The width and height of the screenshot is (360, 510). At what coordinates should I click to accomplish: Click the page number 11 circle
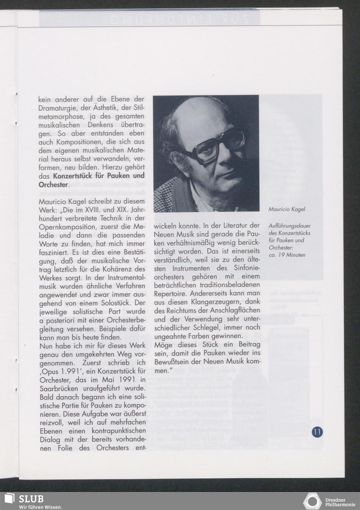pos(318,432)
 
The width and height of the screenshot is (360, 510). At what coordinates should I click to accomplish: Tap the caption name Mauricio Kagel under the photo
pos(287,209)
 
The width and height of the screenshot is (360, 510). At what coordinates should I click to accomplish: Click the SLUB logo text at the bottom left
pos(31,499)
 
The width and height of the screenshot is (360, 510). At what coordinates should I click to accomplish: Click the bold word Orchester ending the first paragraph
pos(53,185)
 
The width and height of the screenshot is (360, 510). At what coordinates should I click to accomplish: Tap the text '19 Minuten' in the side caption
pos(292,255)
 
